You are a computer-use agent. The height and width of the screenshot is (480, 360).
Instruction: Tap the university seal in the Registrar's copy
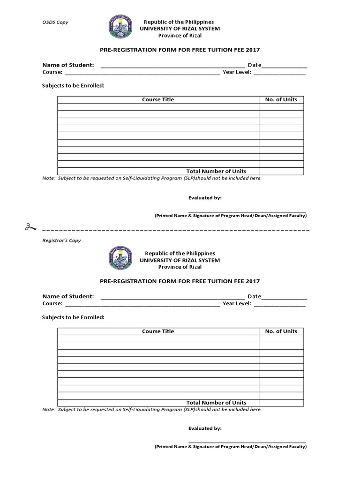[x=120, y=258]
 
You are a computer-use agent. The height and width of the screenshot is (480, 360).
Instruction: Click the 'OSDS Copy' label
[x=55, y=22]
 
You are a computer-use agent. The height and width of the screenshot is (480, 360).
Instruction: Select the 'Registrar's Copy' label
[x=61, y=240]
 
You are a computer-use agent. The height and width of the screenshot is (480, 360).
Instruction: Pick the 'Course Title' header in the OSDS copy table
[x=158, y=99]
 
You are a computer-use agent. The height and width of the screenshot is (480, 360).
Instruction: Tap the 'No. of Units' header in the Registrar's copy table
[x=281, y=331]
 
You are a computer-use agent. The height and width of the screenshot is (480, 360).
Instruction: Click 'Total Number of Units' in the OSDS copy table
[x=216, y=171]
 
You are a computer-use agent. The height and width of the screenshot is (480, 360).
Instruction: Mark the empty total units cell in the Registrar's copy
[x=281, y=403]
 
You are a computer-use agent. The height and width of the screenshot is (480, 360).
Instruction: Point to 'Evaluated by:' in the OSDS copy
[x=205, y=198]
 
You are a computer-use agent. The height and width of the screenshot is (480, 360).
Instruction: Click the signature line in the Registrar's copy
[x=247, y=442]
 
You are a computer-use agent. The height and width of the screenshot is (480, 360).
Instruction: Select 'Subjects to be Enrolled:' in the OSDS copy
[x=73, y=86]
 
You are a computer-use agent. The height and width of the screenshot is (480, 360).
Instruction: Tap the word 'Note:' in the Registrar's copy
[x=49, y=410]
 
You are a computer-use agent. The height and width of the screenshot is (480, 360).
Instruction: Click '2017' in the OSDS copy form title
[x=252, y=50]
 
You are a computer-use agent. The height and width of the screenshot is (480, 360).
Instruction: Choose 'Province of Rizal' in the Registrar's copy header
[x=180, y=267]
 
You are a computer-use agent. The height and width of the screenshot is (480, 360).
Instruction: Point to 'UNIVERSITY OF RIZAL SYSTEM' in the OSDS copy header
[x=180, y=29]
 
